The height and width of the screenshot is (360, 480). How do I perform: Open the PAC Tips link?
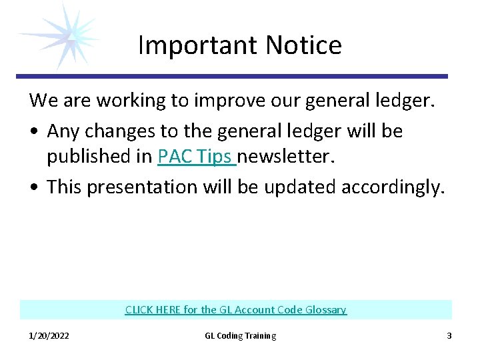197,156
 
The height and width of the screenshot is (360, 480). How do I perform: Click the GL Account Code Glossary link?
236,310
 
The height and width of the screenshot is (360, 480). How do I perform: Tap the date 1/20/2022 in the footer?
49,336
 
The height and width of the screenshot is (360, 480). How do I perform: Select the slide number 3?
449,336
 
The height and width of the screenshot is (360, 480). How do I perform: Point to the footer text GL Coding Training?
240,336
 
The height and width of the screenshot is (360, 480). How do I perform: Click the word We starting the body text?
43,101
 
